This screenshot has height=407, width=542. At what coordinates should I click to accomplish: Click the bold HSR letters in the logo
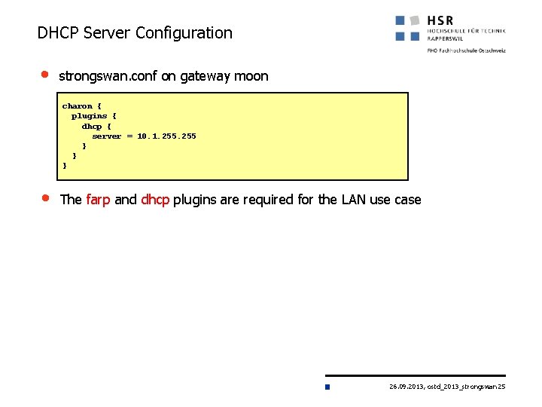(440, 20)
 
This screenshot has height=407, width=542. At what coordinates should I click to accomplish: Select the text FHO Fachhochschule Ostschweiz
(466, 50)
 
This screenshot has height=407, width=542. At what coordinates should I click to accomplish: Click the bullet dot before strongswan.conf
(44, 75)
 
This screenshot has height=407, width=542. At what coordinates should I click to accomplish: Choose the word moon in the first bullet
(251, 76)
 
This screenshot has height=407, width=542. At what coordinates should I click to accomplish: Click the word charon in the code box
(77, 106)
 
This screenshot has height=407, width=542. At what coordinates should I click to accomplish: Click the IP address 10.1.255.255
(166, 136)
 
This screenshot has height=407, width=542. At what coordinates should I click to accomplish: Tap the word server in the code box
(106, 136)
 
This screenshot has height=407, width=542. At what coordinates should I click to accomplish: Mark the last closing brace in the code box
(65, 165)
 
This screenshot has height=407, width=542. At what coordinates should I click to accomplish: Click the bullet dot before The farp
(44, 198)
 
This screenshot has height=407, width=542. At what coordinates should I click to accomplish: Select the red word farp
(98, 200)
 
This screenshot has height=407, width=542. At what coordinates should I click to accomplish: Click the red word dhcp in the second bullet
(155, 200)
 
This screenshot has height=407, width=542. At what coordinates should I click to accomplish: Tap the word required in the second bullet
(256, 200)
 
